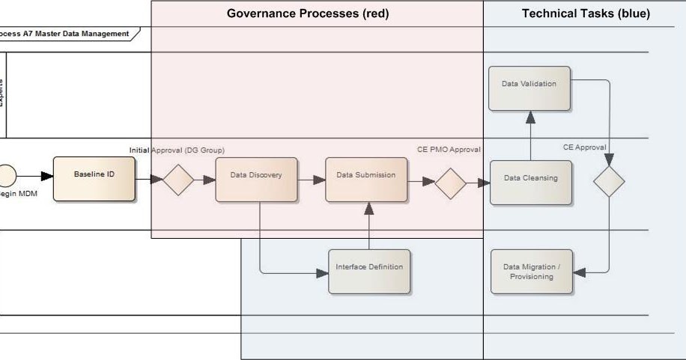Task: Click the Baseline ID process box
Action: [94, 179]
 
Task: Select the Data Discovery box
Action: [256, 180]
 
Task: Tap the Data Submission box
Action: [366, 180]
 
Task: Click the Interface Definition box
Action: [369, 272]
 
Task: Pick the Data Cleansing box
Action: [530, 183]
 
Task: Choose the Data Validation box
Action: [529, 88]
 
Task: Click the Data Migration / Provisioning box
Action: [531, 272]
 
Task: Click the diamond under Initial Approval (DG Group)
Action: [178, 180]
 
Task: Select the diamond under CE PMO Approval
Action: [450, 183]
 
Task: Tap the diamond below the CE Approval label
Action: [608, 181]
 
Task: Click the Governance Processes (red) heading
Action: [308, 13]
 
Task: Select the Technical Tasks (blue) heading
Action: [586, 13]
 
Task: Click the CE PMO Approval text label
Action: [449, 150]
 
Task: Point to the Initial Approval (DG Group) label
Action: [177, 150]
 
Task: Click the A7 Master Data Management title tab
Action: [67, 34]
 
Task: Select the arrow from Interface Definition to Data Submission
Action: [368, 226]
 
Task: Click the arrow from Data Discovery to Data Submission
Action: [312, 180]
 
